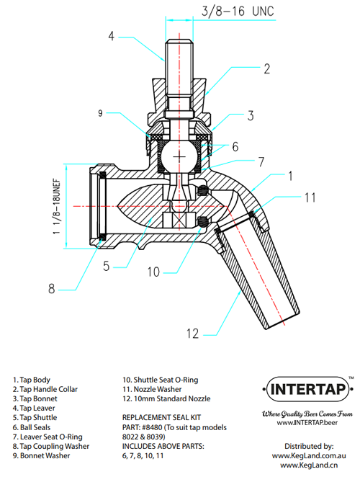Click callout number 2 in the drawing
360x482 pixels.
[266, 69]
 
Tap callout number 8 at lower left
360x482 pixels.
[52, 289]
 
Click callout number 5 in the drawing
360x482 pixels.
[105, 266]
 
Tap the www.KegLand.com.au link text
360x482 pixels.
[309, 456]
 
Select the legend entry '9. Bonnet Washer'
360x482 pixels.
[42, 455]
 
